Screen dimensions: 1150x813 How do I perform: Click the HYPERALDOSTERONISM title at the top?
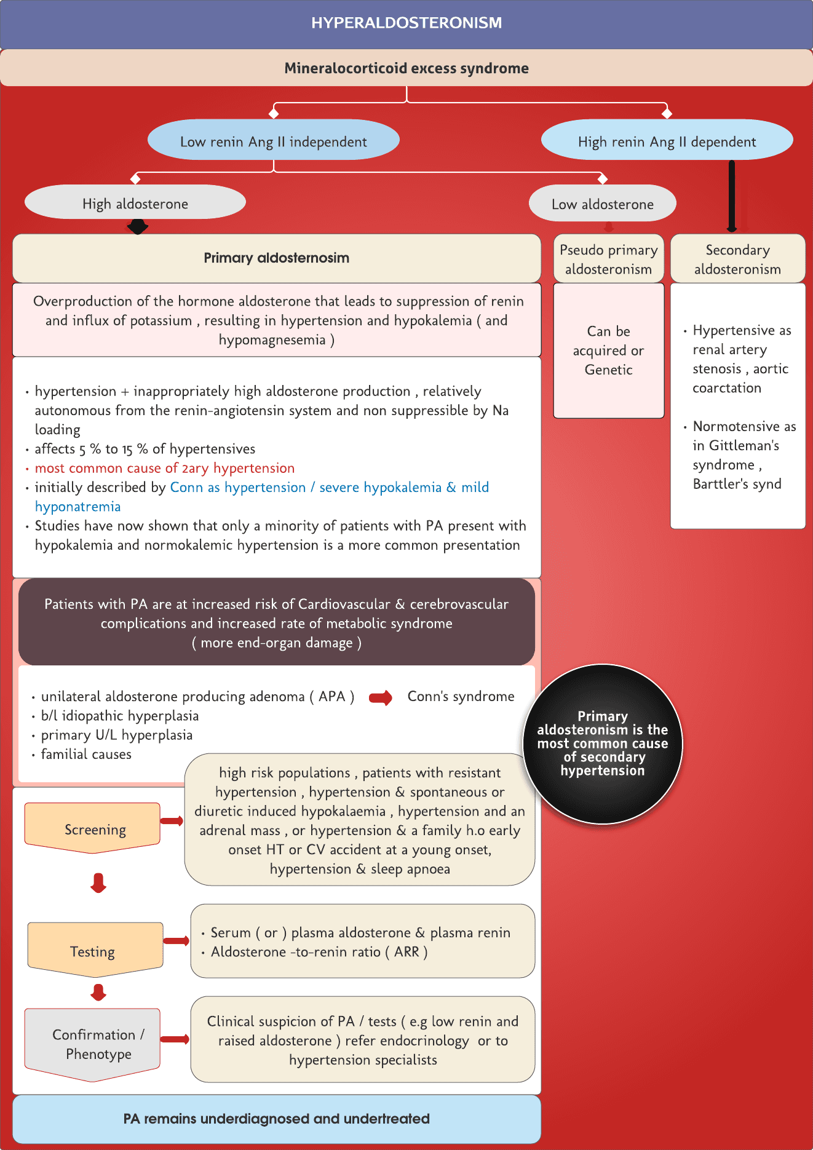click(406, 23)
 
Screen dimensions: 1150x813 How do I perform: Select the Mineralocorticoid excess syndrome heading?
click(406, 68)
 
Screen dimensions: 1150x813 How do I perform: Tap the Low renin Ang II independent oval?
click(273, 141)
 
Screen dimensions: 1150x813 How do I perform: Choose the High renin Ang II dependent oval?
click(667, 141)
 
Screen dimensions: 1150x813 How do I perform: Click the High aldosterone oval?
click(135, 204)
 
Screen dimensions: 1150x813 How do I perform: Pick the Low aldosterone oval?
click(602, 204)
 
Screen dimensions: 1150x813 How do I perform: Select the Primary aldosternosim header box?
click(276, 258)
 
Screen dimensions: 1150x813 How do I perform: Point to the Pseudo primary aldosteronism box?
click(608, 259)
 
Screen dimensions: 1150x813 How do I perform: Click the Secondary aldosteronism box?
click(737, 259)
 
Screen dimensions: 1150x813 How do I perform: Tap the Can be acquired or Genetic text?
click(608, 351)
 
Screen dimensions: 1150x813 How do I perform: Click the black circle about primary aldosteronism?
click(603, 744)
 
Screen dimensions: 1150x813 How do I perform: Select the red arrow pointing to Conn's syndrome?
click(381, 697)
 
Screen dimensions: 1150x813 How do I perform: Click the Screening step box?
click(93, 828)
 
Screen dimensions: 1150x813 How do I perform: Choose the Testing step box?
click(95, 950)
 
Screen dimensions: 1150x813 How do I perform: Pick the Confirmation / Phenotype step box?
click(93, 1044)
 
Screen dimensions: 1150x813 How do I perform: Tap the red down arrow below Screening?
click(98, 882)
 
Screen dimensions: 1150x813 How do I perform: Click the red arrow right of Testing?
click(176, 940)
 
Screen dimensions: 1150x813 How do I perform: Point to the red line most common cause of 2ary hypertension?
click(164, 468)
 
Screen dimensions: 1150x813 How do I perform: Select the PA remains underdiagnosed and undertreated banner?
click(276, 1119)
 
